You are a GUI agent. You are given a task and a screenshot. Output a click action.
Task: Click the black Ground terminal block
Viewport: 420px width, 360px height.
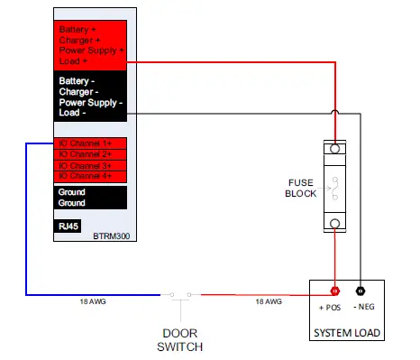tap(89, 198)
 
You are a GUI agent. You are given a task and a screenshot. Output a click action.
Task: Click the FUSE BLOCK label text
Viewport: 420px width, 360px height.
tap(299, 188)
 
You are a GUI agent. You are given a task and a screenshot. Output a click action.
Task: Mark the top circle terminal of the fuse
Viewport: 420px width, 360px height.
tap(334, 147)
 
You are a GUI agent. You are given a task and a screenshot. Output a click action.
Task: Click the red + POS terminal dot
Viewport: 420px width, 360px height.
tap(335, 292)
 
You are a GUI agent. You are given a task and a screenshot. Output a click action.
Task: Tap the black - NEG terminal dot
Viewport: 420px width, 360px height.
tap(361, 292)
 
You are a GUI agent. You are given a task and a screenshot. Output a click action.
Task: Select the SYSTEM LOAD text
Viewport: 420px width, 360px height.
tap(347, 333)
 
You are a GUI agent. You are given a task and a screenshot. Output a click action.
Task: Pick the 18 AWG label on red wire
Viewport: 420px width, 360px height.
tap(268, 302)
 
